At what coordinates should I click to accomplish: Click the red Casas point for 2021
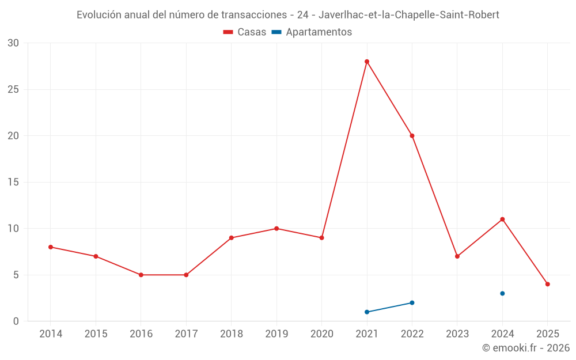[x=367, y=62]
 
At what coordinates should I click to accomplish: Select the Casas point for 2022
[x=412, y=136]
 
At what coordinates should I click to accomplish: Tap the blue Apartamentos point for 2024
[x=502, y=293]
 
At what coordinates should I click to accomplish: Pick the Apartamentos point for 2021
[x=367, y=312]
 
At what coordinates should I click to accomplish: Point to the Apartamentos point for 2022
[x=412, y=302]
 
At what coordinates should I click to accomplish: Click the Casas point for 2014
[x=51, y=247]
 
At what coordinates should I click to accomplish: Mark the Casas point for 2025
[x=548, y=284]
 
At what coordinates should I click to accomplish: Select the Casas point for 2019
[x=276, y=229]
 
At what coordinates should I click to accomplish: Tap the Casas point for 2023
[x=457, y=256]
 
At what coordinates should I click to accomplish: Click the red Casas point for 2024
[x=502, y=219]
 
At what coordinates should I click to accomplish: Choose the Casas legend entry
[x=245, y=32]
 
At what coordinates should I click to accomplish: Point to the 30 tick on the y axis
[x=13, y=43]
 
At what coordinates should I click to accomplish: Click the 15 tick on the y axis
[x=13, y=182]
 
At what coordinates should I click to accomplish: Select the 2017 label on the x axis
[x=186, y=334]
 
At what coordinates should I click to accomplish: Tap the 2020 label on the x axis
[x=321, y=334]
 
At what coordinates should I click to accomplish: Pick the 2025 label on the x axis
[x=548, y=334]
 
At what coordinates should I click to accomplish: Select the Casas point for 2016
[x=141, y=275]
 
